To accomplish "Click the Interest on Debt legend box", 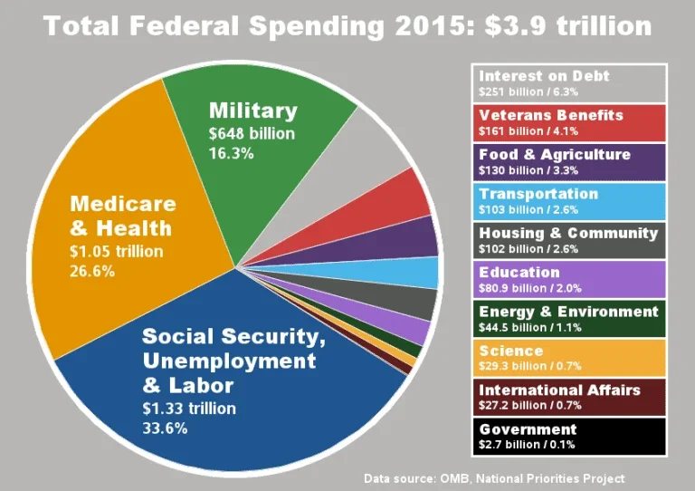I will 568,82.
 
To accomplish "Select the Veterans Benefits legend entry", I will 568,122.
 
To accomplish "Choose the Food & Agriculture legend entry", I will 568,161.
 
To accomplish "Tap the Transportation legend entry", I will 568,201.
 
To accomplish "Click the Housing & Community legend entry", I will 568,240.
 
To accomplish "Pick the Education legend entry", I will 568,279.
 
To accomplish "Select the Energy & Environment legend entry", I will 568,318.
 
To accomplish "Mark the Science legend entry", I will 568,357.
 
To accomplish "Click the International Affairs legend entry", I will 568,397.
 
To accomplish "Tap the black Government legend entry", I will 568,436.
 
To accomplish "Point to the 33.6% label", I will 166,428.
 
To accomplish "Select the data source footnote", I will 493,477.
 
